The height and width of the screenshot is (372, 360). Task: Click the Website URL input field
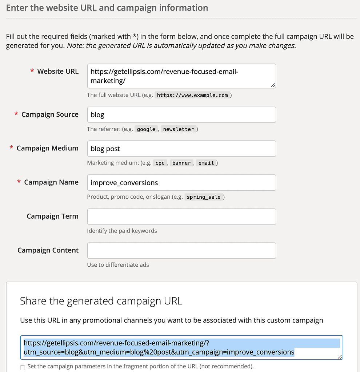181,76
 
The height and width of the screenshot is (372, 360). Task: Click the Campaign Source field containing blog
181,115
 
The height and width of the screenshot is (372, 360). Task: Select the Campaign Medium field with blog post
181,149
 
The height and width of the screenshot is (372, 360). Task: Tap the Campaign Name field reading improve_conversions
181,183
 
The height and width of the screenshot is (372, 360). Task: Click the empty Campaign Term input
181,217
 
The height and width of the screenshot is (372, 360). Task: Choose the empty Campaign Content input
181,251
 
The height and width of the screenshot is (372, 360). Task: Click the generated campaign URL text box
181,347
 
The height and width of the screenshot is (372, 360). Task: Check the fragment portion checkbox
23,368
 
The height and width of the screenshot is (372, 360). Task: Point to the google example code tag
146,129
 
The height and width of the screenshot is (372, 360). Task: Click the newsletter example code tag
178,129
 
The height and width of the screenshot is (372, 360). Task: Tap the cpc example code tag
160,163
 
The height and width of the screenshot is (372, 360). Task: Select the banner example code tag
181,163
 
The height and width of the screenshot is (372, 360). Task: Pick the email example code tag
206,163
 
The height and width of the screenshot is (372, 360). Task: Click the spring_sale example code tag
204,197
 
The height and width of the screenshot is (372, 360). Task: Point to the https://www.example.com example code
192,95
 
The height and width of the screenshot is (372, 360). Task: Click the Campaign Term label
52,217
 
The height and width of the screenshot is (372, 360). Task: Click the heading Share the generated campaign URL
101,301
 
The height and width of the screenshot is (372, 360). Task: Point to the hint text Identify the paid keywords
122,231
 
